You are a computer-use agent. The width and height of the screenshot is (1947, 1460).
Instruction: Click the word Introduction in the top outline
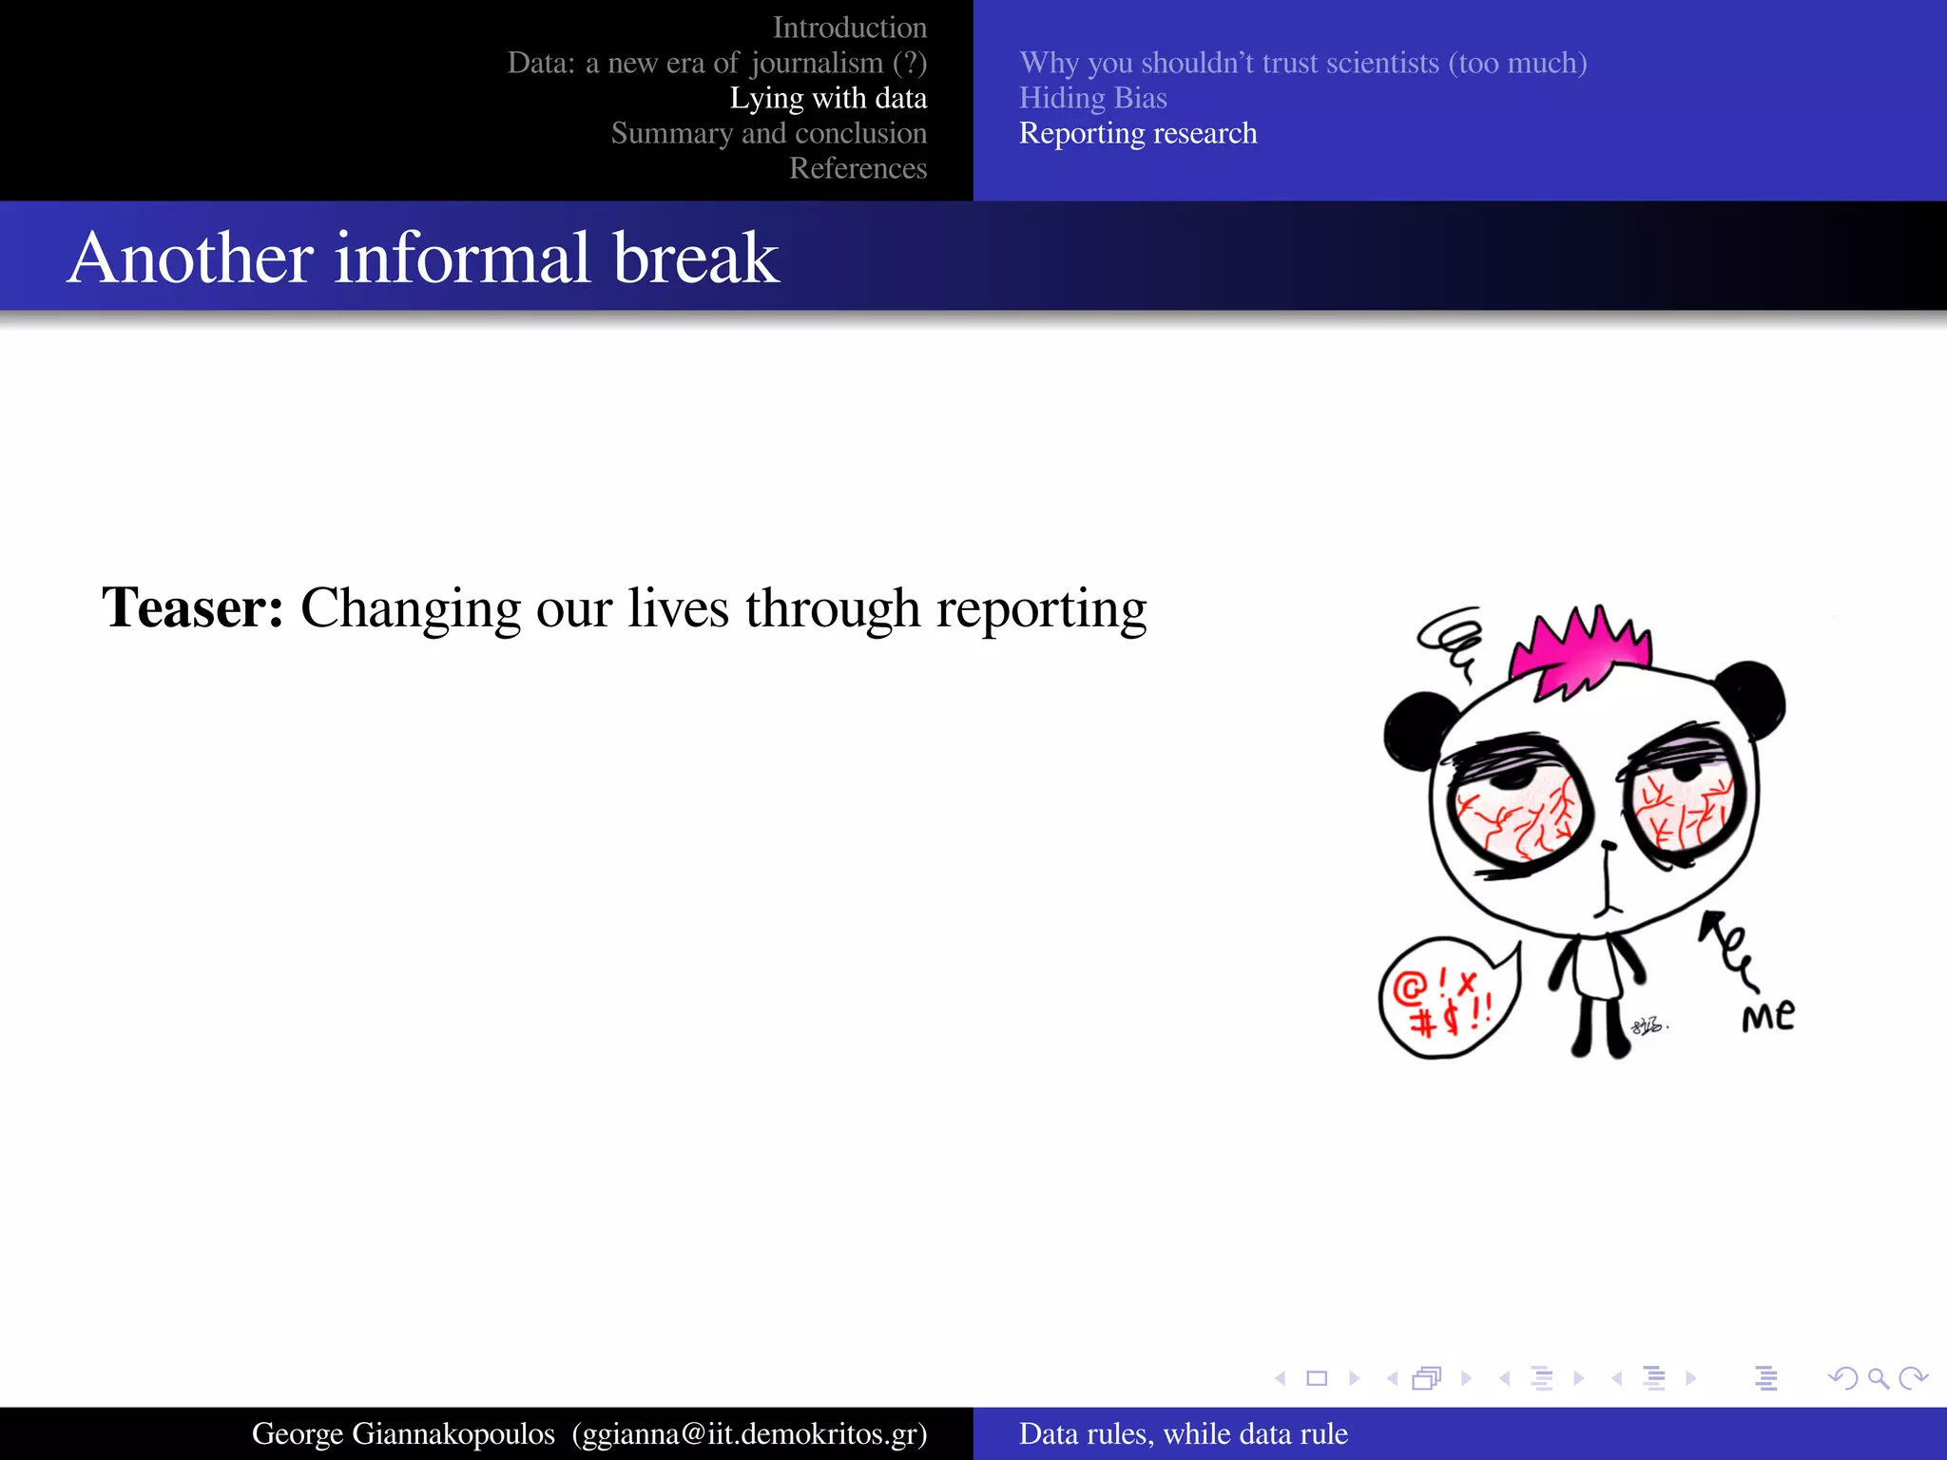[849, 28]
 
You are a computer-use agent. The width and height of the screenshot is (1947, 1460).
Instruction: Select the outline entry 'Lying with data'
[828, 98]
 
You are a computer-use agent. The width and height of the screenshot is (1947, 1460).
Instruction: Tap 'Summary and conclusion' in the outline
[768, 133]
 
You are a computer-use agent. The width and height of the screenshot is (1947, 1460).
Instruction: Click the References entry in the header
[858, 168]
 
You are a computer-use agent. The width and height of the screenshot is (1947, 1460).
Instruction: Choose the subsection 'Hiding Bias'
[1092, 98]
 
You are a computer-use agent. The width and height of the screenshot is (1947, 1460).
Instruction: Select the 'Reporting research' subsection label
[1137, 133]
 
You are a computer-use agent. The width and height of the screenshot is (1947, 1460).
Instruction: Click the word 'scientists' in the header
[1381, 63]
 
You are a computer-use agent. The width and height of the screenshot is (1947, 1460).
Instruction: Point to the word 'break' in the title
[696, 258]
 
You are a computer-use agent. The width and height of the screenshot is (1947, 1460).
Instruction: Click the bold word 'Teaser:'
[193, 607]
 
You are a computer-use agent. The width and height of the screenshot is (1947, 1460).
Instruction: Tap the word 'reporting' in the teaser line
[1041, 609]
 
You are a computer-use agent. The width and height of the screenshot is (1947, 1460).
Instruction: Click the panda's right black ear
[1754, 699]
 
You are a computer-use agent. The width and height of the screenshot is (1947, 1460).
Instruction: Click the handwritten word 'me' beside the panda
[1768, 1016]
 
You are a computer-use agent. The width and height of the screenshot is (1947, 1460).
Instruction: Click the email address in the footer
[749, 1433]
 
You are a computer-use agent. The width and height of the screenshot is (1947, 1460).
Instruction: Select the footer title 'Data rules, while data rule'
[1183, 1433]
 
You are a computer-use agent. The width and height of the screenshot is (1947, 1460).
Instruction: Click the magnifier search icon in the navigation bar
[1878, 1378]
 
